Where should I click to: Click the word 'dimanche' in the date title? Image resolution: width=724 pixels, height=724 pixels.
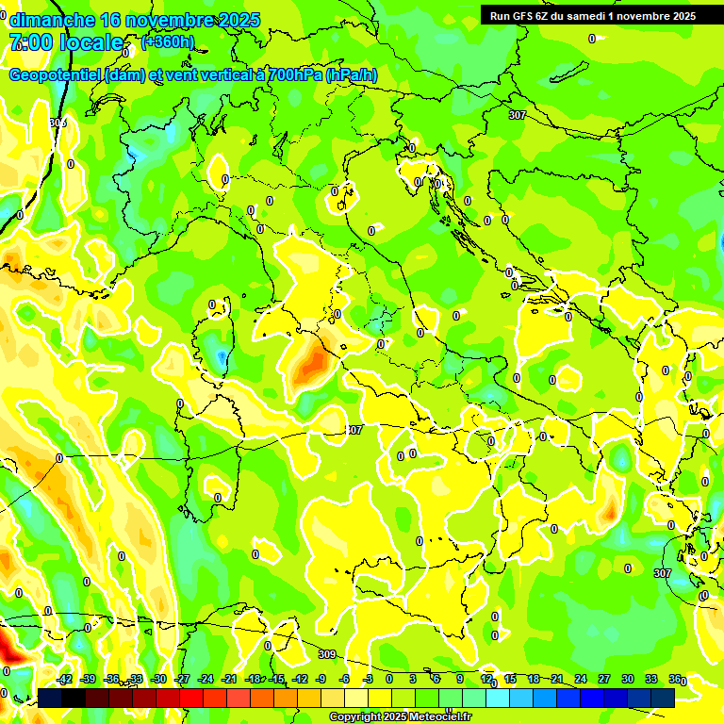[x=50, y=20]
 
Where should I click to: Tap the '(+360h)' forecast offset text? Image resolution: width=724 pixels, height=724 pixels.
[x=168, y=41]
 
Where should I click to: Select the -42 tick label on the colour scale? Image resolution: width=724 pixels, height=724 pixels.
[x=64, y=680]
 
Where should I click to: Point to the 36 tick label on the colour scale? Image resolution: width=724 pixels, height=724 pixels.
[x=675, y=680]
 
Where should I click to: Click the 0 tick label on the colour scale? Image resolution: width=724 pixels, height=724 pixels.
[x=389, y=680]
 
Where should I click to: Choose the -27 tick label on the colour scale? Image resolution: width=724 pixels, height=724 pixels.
[x=182, y=680]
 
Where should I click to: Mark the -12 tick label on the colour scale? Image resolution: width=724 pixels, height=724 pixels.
[x=300, y=680]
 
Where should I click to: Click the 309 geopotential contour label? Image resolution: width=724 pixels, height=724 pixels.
[x=326, y=654]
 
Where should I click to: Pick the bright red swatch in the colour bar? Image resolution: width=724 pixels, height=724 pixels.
[x=191, y=698]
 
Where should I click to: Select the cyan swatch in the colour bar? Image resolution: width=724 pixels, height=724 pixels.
[x=498, y=698]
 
